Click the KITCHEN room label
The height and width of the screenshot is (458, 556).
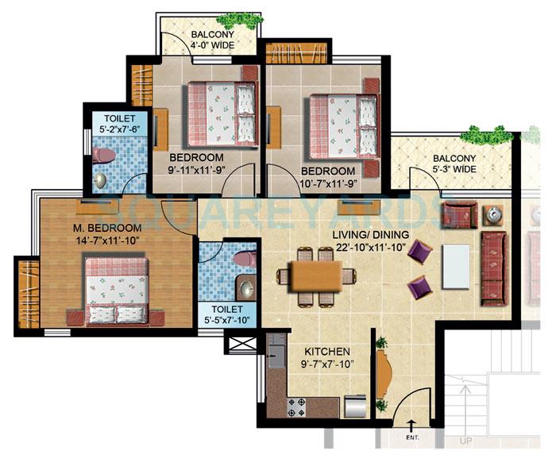click(x=327, y=350)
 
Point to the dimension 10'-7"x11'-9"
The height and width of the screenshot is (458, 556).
click(x=328, y=183)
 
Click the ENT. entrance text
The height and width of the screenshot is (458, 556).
click(x=411, y=437)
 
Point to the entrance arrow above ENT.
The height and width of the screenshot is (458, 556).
click(x=411, y=425)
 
